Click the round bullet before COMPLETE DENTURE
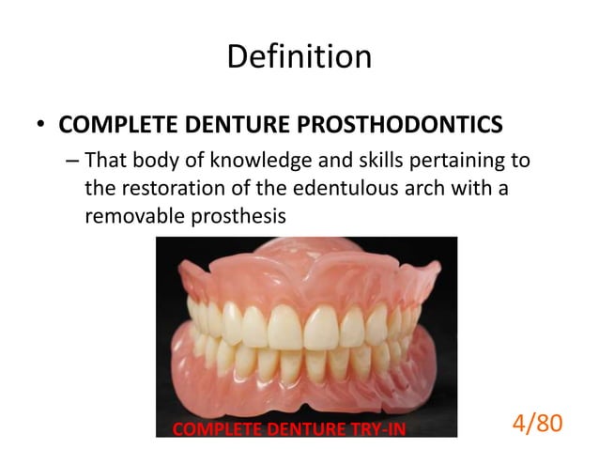click(x=41, y=126)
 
